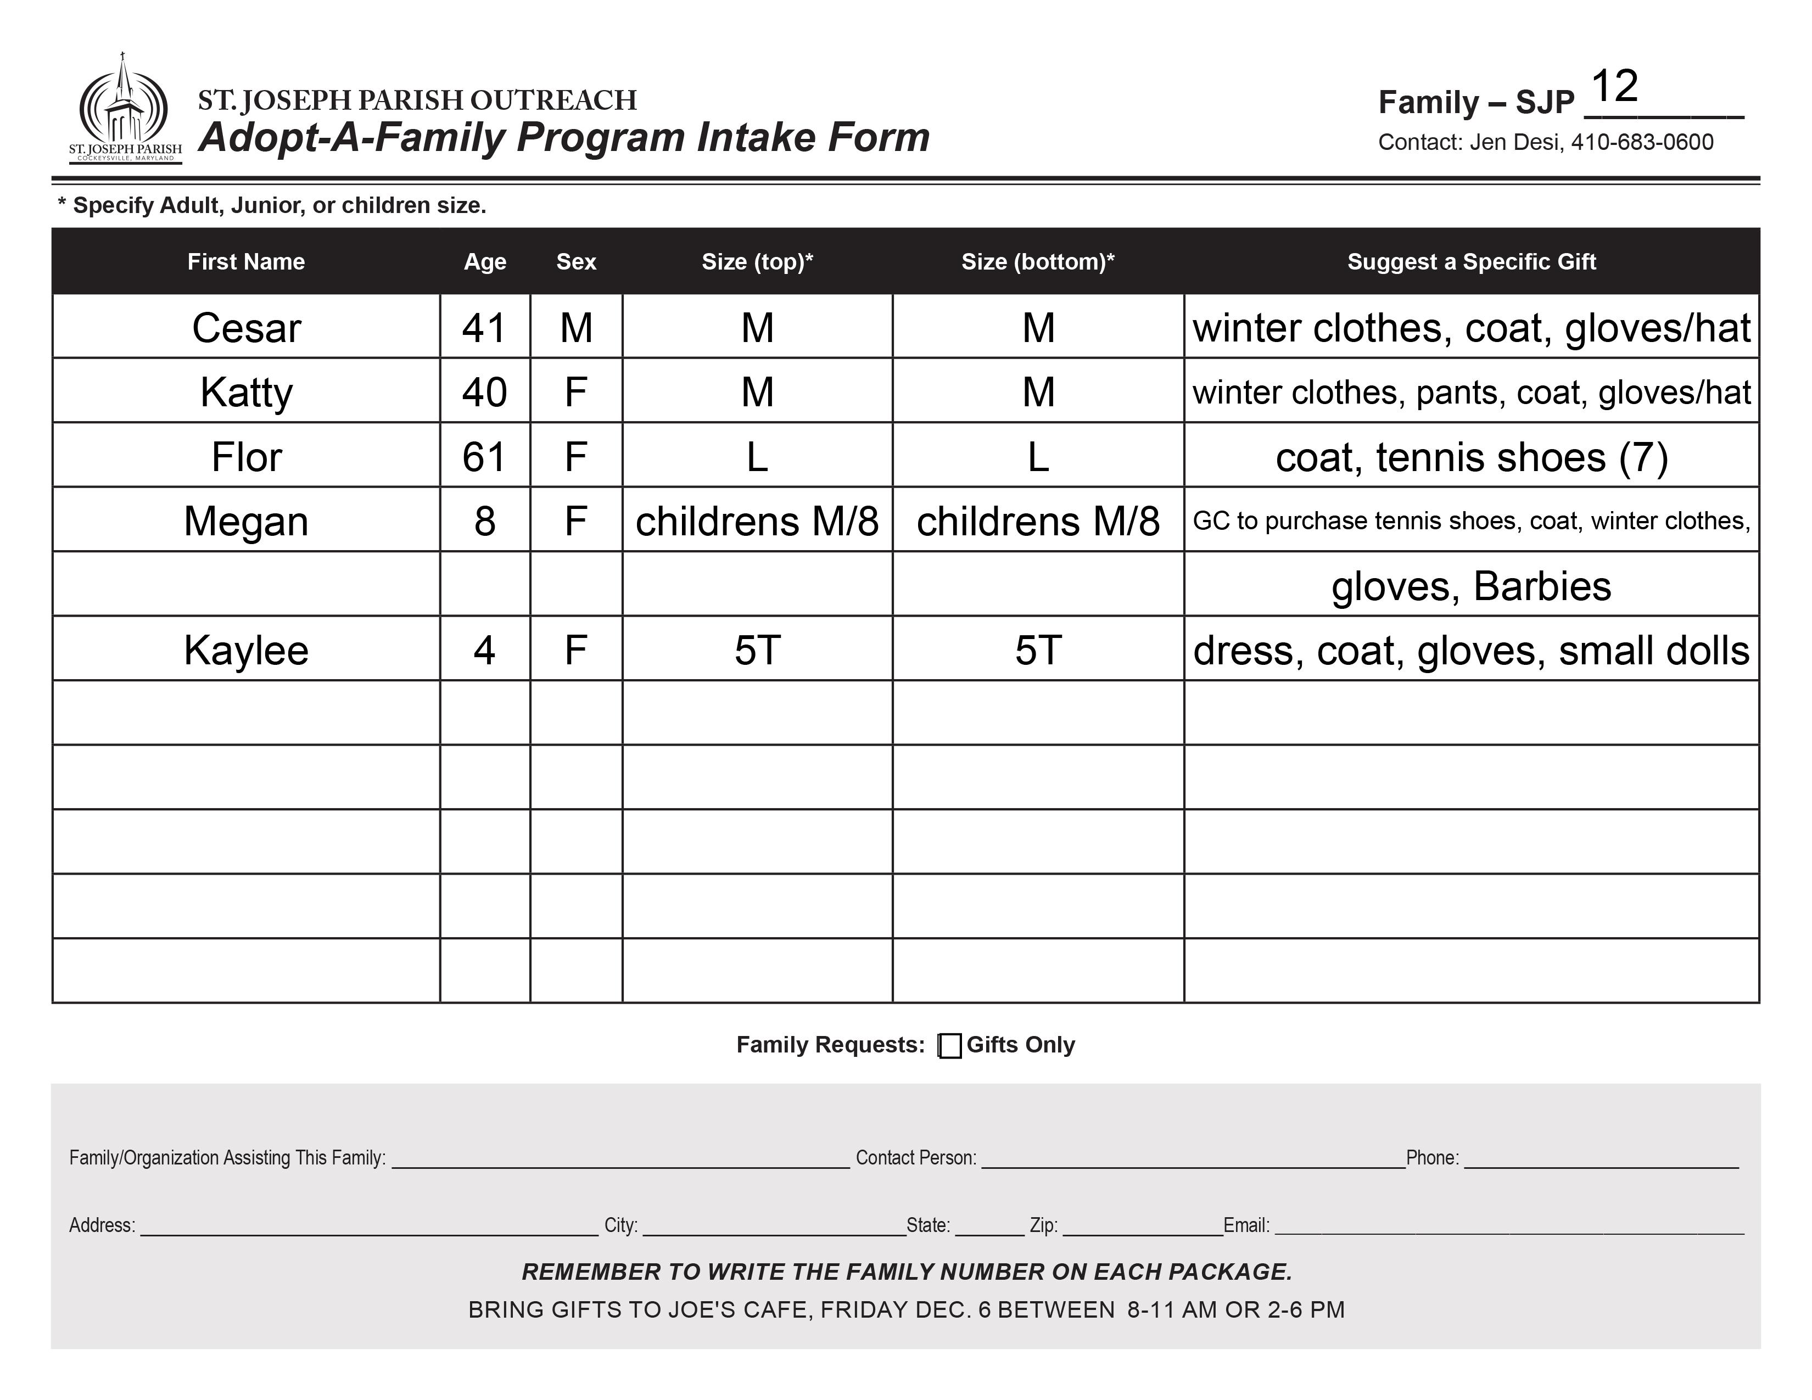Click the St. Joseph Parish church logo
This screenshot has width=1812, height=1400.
(x=125, y=108)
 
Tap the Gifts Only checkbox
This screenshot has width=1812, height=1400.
(x=950, y=1046)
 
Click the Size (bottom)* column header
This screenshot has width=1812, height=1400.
(x=1037, y=262)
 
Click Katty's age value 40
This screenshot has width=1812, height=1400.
(x=484, y=393)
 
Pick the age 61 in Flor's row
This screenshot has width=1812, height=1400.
(x=484, y=457)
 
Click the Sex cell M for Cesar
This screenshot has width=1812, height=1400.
(x=576, y=328)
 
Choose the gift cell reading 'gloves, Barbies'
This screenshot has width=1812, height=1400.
(x=1471, y=586)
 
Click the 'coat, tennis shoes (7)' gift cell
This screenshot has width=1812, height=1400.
(x=1471, y=457)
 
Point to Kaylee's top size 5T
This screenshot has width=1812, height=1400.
(x=757, y=650)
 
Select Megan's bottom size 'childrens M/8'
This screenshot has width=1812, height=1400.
(x=1037, y=522)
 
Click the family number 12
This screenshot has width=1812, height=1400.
(x=1614, y=86)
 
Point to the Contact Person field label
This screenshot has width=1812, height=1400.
(x=915, y=1158)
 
